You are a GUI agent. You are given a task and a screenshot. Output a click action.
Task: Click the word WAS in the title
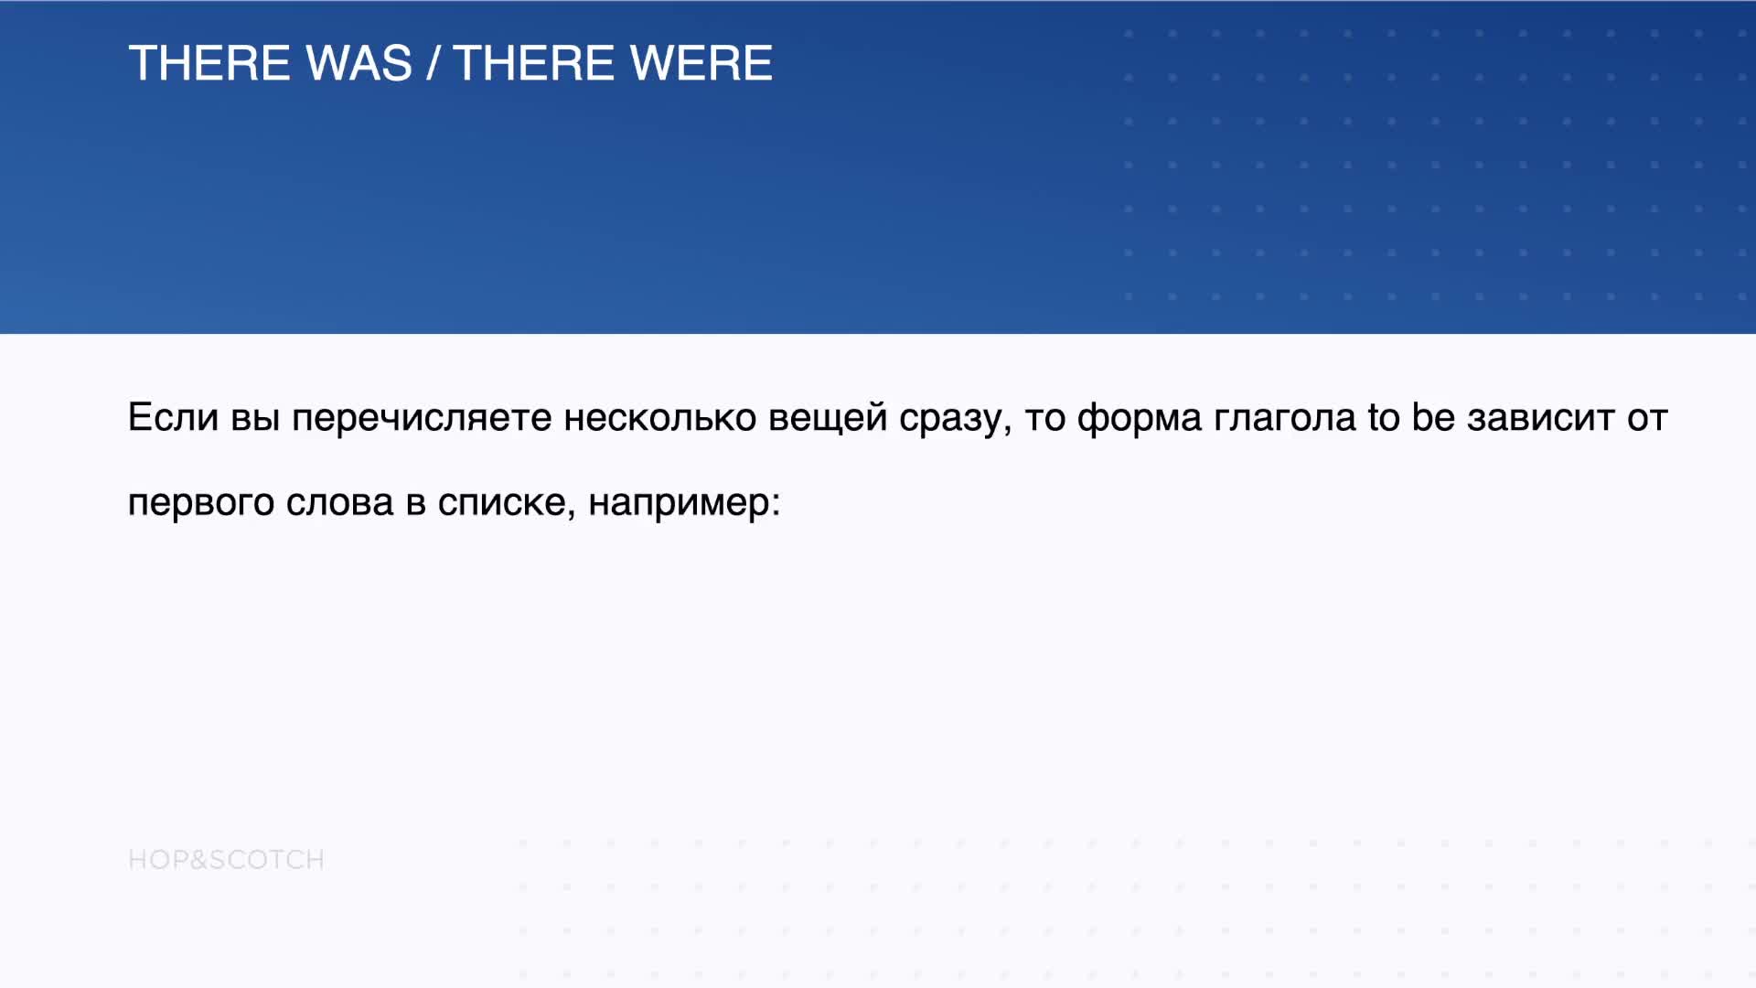(x=359, y=63)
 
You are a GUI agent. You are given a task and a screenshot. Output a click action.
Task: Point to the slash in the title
(x=434, y=63)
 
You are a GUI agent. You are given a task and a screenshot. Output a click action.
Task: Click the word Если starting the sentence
(x=173, y=417)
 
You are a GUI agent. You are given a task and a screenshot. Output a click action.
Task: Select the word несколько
(x=660, y=417)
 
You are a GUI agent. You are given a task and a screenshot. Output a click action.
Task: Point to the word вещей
(x=828, y=418)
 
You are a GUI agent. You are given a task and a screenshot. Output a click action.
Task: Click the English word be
(x=1433, y=417)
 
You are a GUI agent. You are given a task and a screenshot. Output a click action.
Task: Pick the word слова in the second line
(x=339, y=502)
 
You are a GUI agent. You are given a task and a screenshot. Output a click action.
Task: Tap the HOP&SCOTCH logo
(x=226, y=860)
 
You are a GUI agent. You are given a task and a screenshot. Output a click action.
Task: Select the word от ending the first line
(x=1647, y=418)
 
